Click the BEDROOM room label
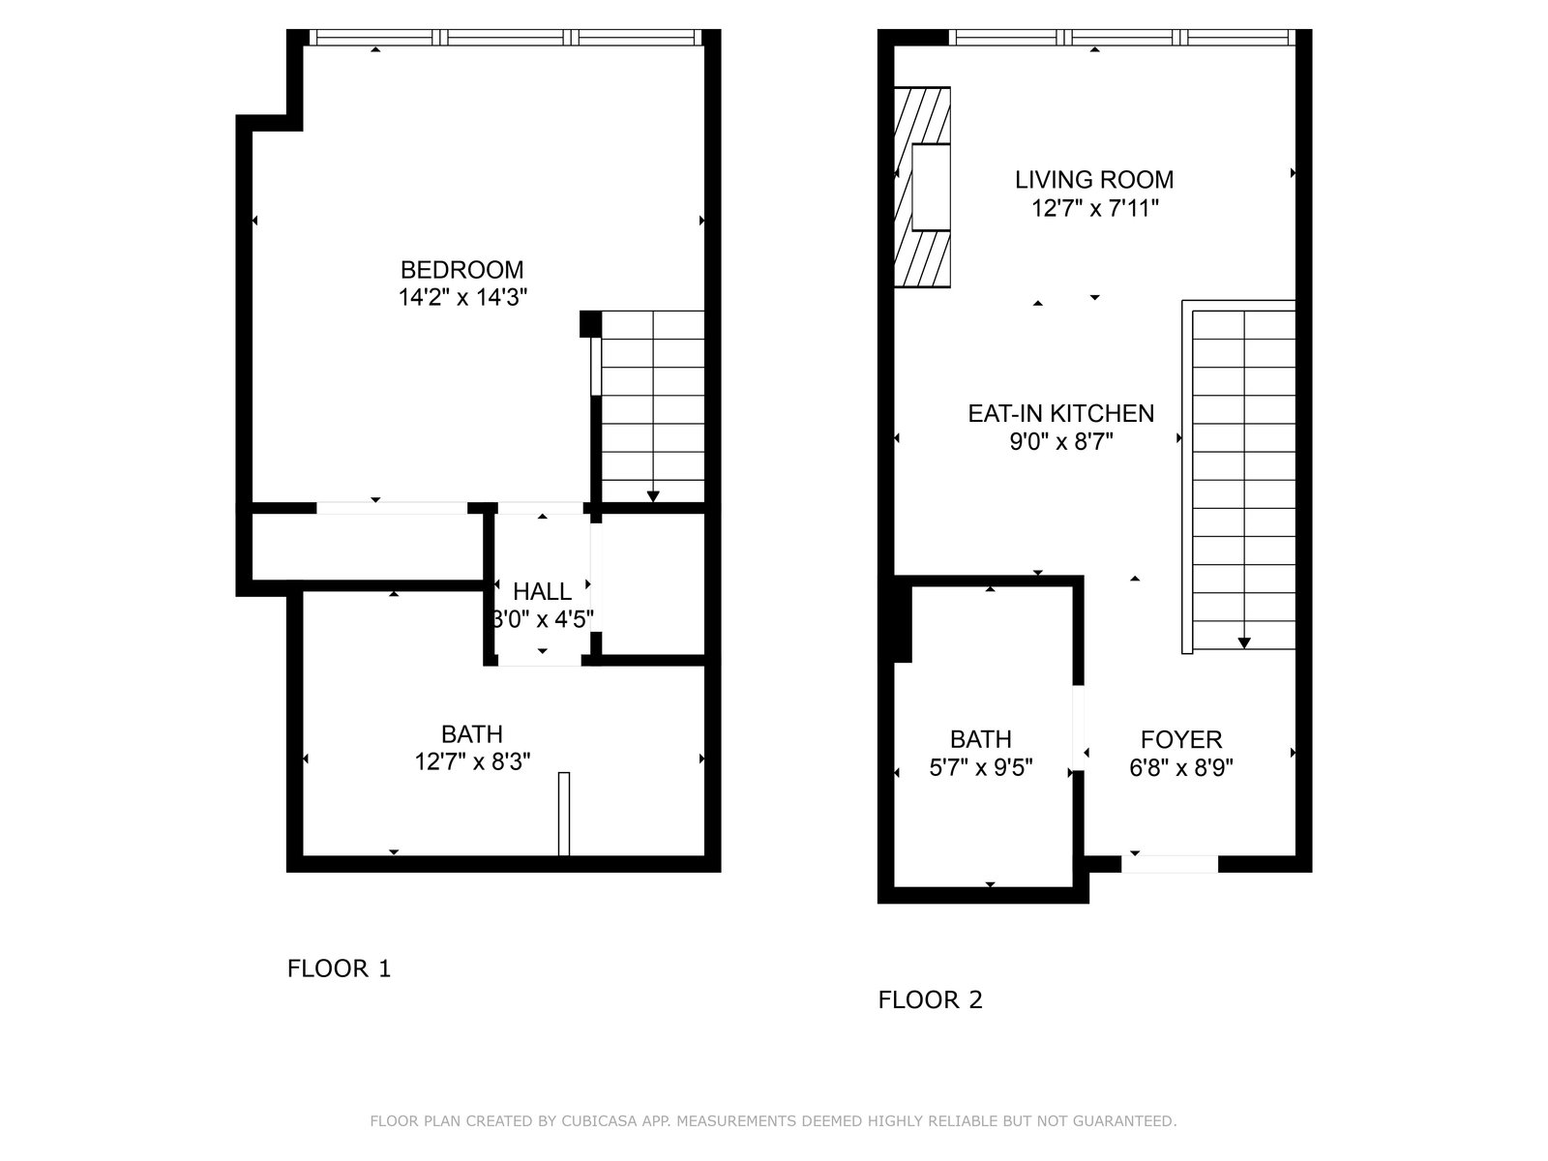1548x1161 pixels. [461, 269]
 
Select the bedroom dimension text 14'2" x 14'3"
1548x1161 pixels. [462, 297]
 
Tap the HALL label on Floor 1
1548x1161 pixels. [543, 591]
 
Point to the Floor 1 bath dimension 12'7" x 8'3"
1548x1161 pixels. [472, 762]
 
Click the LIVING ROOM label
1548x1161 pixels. [1094, 180]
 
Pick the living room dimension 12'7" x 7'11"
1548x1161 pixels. [1095, 209]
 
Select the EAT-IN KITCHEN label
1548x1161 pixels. [1060, 413]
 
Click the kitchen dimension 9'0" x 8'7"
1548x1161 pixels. [1061, 442]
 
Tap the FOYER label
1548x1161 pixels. [1181, 739]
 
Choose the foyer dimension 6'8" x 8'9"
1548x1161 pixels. [1181, 767]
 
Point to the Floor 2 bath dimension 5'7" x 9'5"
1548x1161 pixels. [981, 767]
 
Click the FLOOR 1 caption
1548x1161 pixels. [339, 968]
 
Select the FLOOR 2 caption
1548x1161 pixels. [930, 999]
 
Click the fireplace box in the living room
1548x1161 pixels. [931, 187]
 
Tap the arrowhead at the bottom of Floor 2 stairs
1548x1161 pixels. [1244, 642]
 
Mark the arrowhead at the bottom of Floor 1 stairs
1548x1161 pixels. [653, 496]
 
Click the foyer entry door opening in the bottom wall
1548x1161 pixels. [1170, 864]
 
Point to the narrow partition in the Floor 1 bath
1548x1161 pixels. [563, 815]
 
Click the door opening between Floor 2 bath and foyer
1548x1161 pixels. [1079, 728]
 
